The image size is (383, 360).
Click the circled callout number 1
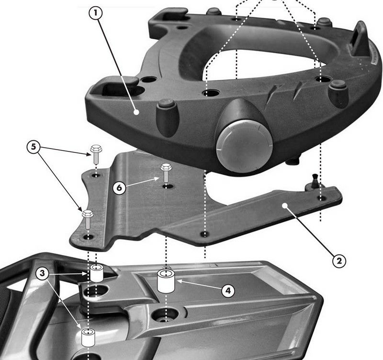point(95,13)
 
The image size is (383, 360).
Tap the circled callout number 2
point(339,261)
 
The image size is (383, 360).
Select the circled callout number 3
point(43,273)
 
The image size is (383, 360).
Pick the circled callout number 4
point(228,291)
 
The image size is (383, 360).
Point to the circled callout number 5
point(34,147)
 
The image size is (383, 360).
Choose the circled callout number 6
point(119,188)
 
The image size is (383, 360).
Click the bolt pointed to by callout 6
point(166,173)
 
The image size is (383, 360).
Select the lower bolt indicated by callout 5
point(88,219)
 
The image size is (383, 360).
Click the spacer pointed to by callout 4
point(166,281)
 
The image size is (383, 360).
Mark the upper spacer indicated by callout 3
point(97,273)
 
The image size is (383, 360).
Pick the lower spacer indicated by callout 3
point(88,338)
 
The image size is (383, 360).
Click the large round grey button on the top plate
point(244,146)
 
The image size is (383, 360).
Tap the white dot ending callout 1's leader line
point(136,112)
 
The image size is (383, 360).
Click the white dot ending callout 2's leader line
point(284,206)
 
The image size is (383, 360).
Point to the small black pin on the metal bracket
point(314,181)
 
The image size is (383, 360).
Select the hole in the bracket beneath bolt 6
point(166,186)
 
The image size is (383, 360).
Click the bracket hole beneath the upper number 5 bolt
point(96,175)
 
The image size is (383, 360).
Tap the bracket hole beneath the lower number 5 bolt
point(89,237)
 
